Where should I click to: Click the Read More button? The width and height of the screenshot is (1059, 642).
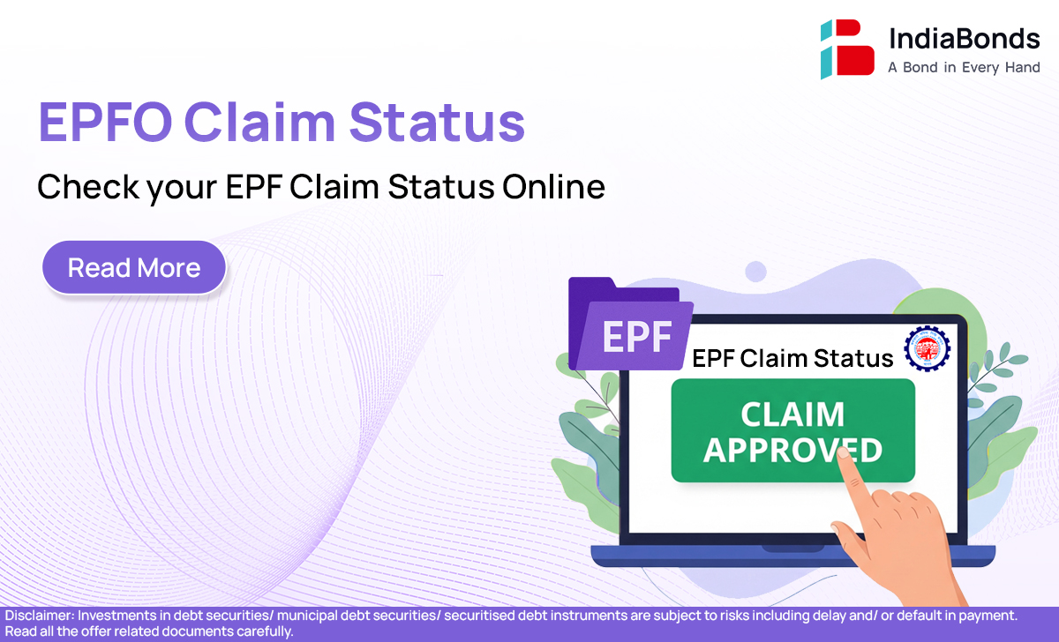(134, 267)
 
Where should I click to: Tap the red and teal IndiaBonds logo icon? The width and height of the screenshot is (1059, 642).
(847, 49)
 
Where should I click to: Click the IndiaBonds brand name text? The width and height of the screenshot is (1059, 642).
(965, 38)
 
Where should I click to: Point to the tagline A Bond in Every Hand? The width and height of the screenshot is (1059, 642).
(964, 68)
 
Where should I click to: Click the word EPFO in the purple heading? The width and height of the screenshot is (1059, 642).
(105, 122)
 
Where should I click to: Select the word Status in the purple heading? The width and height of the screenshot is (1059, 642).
(438, 122)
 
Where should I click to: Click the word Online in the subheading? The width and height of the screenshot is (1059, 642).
(553, 187)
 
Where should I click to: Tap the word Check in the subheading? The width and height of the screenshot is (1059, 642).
(88, 187)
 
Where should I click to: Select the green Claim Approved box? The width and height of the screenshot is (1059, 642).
(792, 430)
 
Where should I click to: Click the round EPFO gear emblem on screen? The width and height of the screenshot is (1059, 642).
(928, 348)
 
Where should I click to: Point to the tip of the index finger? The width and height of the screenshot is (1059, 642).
(843, 452)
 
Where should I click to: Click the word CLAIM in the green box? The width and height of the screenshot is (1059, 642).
(792, 414)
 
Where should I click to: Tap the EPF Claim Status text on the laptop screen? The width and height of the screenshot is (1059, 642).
(792, 358)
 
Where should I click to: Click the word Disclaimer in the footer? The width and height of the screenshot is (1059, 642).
(40, 616)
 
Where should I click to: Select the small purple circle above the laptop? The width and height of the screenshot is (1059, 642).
(755, 272)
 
